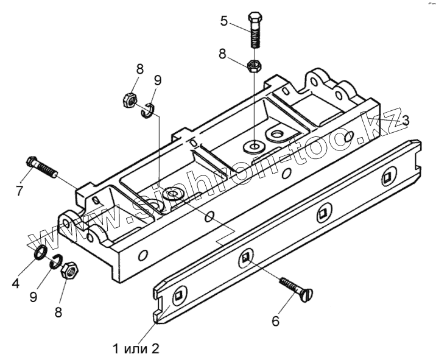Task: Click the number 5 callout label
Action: (224, 22)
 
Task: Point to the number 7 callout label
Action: (19, 190)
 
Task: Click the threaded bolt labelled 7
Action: (41, 168)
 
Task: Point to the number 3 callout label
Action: (406, 118)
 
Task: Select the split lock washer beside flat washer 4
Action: (55, 261)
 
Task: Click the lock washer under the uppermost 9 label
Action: (147, 111)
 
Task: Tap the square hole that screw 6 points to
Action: (245, 258)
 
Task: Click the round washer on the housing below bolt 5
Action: (252, 146)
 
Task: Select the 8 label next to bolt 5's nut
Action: (223, 54)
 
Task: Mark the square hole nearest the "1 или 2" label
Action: (178, 297)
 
